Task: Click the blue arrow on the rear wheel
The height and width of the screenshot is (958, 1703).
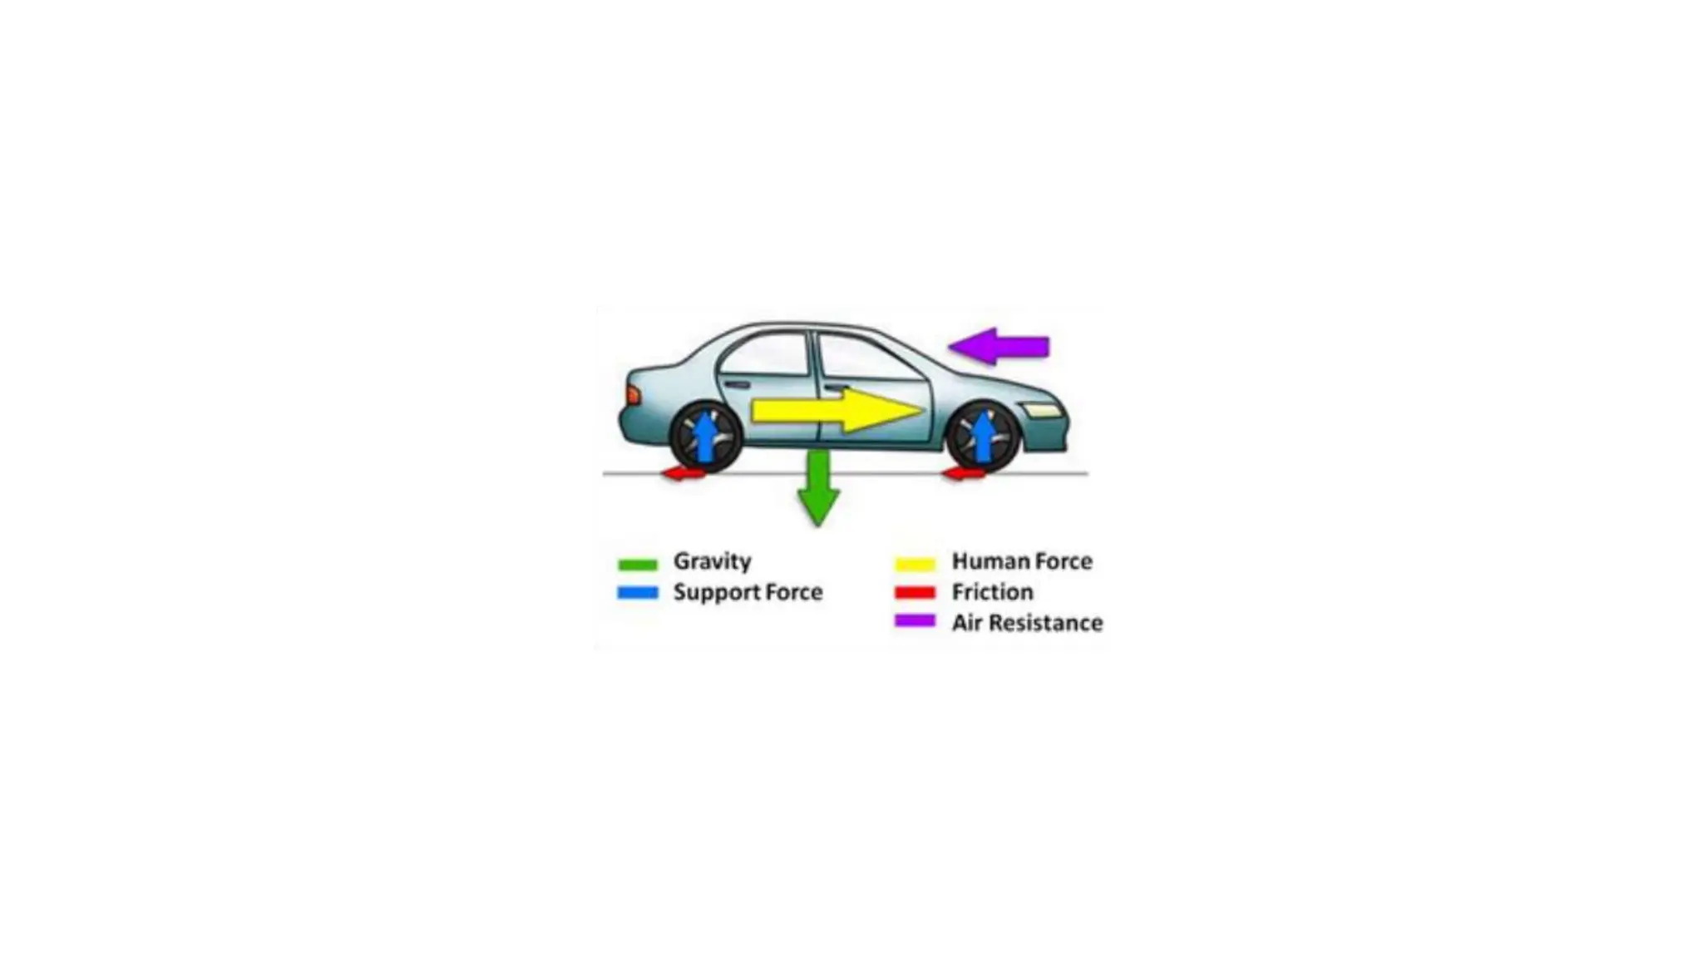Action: click(705, 436)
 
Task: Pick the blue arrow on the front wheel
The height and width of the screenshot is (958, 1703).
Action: click(983, 436)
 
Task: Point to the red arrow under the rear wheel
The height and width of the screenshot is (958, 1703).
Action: click(684, 473)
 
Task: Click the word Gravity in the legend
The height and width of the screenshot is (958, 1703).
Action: click(712, 561)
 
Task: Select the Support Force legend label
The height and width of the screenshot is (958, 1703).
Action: click(748, 592)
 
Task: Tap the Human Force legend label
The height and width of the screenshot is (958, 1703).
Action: click(1022, 561)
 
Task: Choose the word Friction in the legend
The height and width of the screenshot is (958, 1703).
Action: click(992, 592)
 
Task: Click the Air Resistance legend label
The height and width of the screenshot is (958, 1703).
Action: click(1027, 623)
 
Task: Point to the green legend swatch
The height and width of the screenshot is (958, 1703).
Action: click(638, 565)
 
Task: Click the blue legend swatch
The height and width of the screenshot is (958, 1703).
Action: click(638, 593)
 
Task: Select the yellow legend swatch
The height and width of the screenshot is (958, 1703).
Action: click(915, 564)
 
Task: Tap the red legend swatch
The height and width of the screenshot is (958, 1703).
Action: click(915, 593)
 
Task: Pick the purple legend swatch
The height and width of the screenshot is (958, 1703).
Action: click(915, 620)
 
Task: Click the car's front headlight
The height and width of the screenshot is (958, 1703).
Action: click(1044, 410)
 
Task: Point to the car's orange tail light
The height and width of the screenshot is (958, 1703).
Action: click(633, 395)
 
